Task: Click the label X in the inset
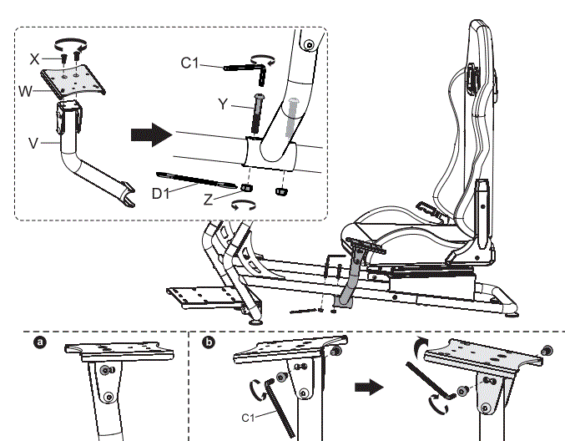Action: [34, 60]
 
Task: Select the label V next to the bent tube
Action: [33, 143]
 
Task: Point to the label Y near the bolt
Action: [222, 104]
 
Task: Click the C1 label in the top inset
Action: [189, 63]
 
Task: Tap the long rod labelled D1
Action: [195, 179]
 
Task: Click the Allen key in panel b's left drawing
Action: [279, 404]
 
